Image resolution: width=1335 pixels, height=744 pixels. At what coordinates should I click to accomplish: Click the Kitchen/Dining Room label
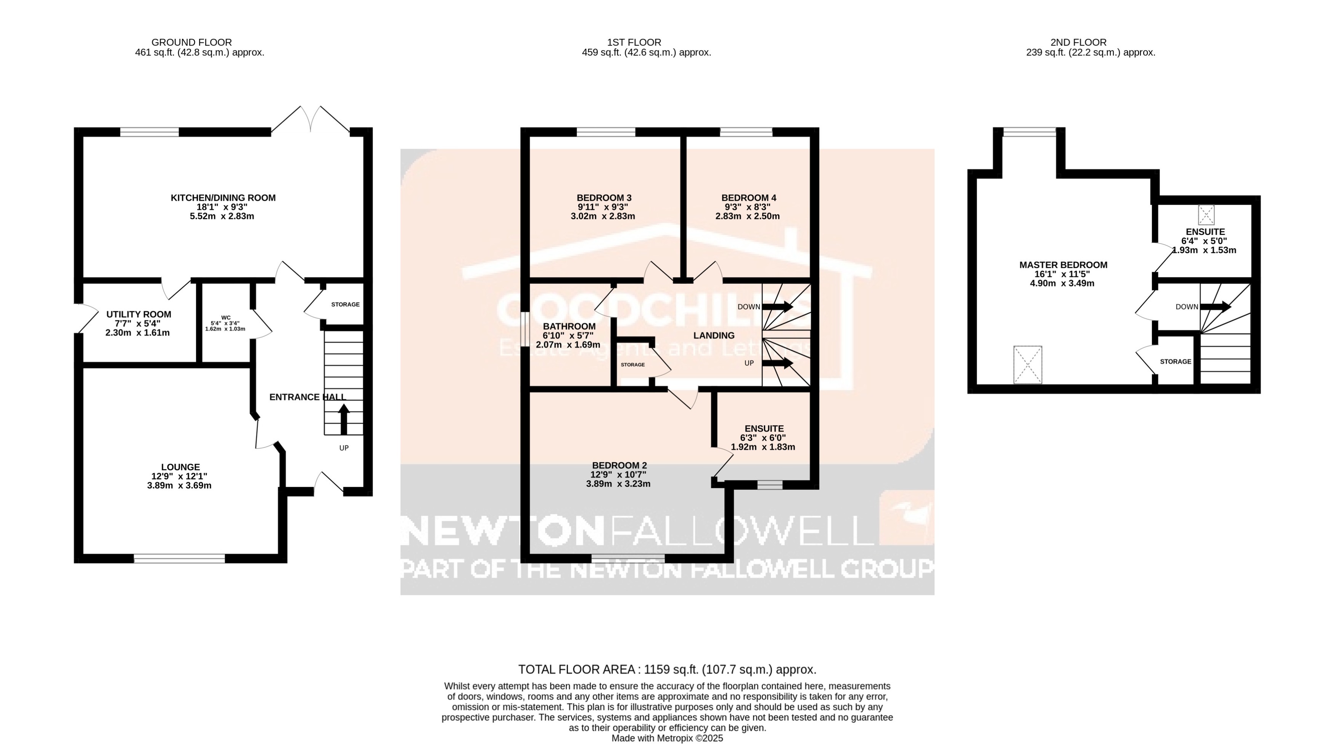pos(223,198)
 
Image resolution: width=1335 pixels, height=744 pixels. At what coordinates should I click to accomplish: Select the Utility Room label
pos(138,314)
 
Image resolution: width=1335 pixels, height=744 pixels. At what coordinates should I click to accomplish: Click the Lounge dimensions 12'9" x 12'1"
pos(179,476)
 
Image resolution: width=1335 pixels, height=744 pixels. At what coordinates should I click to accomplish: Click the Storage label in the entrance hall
pos(345,304)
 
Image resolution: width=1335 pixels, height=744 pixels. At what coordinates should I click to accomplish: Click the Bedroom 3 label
pos(604,198)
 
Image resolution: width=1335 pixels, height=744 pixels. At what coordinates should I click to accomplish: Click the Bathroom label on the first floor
pos(569,326)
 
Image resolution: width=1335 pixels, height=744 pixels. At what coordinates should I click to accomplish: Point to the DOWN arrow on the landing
pos(777,306)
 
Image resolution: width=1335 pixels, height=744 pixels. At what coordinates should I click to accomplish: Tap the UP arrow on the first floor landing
pos(777,363)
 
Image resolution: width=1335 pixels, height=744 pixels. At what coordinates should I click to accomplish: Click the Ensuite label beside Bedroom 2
pos(764,429)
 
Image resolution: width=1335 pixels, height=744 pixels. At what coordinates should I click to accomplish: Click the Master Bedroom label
pos(1063,265)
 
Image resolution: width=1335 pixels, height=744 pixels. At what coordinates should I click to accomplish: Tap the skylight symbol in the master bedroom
pos(1028,365)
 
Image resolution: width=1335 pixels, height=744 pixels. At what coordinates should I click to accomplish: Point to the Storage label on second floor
pos(1176,362)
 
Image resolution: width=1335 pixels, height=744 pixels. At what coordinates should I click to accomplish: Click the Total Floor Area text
pos(667,669)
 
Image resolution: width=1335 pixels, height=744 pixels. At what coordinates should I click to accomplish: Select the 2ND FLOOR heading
pos(1078,42)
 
